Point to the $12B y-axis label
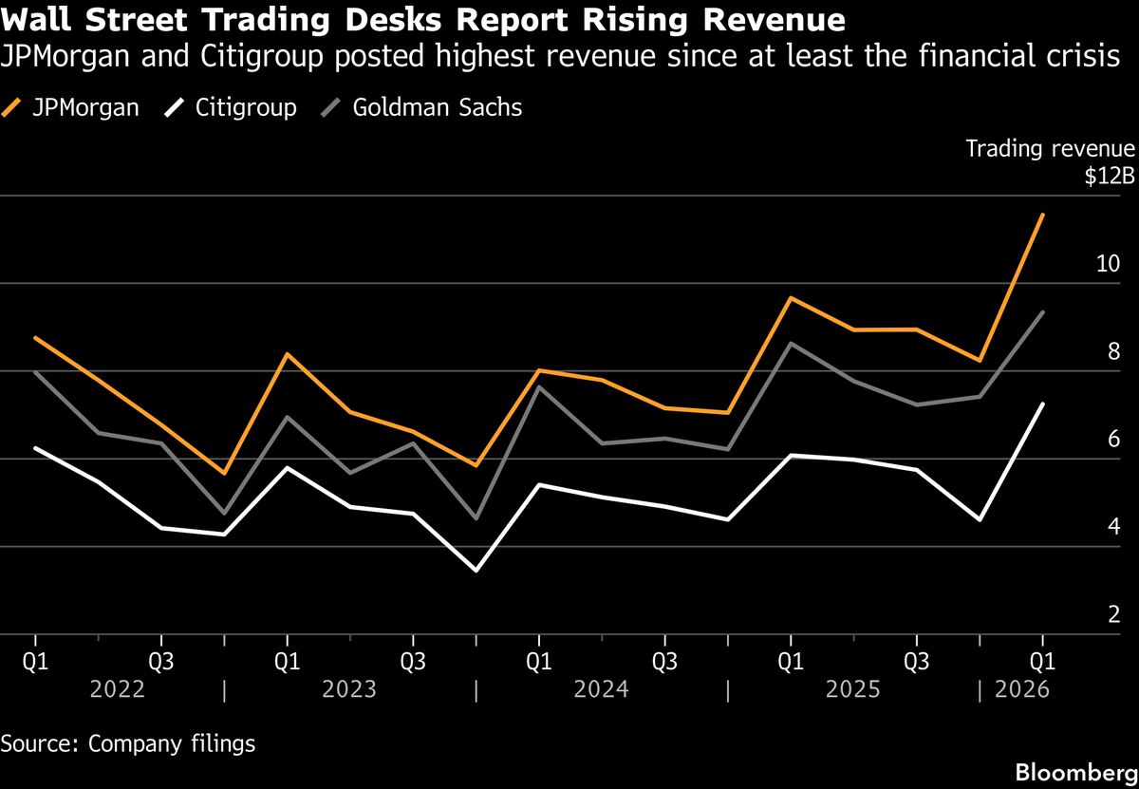(x=1113, y=178)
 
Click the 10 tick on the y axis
(x=1108, y=264)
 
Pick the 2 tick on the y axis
(x=1114, y=615)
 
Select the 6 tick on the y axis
(x=1114, y=440)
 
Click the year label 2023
(x=349, y=689)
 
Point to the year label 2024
(x=602, y=689)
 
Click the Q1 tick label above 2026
(x=1043, y=657)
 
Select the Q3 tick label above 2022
(x=161, y=657)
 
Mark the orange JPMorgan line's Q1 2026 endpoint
(x=1043, y=215)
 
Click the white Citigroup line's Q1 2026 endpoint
(x=1043, y=404)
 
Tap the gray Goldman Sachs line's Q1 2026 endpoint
(x=1043, y=312)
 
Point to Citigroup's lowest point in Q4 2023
(x=476, y=571)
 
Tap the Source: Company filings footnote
(x=128, y=742)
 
